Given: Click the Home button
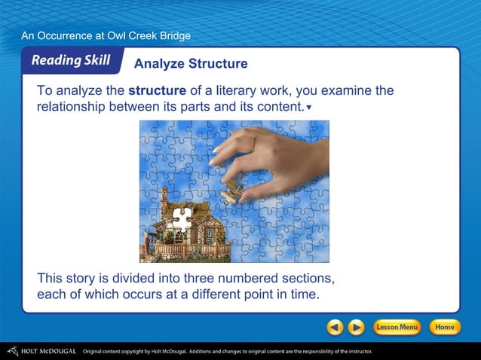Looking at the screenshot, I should click(x=445, y=328).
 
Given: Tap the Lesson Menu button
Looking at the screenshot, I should click(x=397, y=328).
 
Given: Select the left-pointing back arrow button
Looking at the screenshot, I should click(x=335, y=328).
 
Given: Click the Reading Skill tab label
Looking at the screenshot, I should click(x=71, y=61).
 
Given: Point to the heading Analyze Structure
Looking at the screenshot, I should click(x=190, y=63).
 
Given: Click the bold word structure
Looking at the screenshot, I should click(x=157, y=91).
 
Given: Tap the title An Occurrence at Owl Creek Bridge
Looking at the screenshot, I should click(x=106, y=35).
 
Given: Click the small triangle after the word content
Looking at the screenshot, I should click(x=309, y=108).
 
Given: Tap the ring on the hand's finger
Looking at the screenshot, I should click(x=253, y=141).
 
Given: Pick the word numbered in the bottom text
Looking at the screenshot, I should click(x=255, y=277).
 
